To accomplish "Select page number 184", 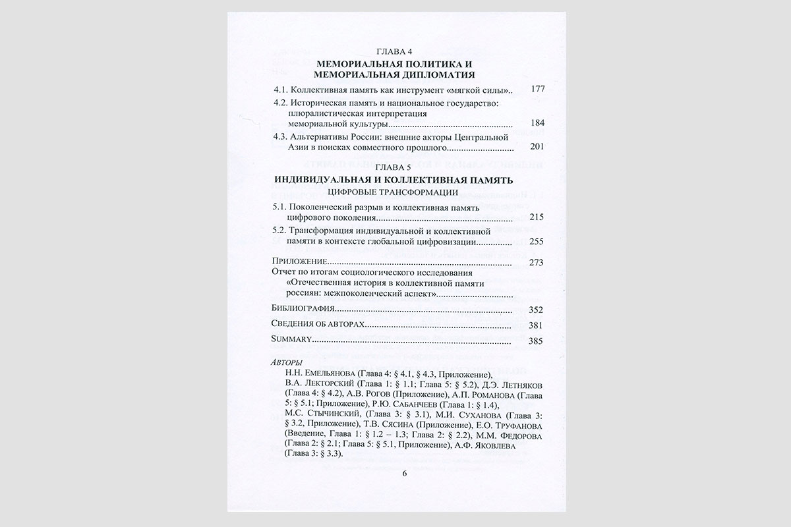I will [538, 123].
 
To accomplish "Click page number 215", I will [538, 217].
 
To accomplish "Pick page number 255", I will [538, 241].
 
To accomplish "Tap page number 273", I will [538, 263].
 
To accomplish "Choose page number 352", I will [538, 309].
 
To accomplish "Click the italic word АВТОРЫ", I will [287, 362].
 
